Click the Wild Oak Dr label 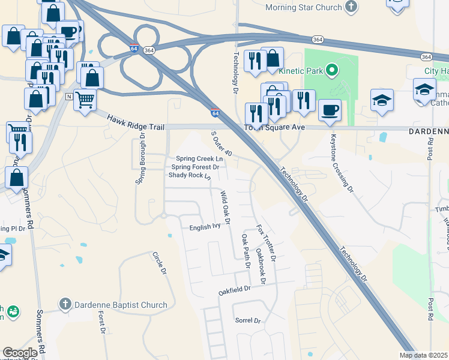(x=225, y=208)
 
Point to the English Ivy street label (x=205, y=227)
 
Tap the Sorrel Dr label (x=248, y=321)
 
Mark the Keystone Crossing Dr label (x=340, y=162)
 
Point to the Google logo (x=20, y=353)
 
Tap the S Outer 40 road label (x=221, y=145)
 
